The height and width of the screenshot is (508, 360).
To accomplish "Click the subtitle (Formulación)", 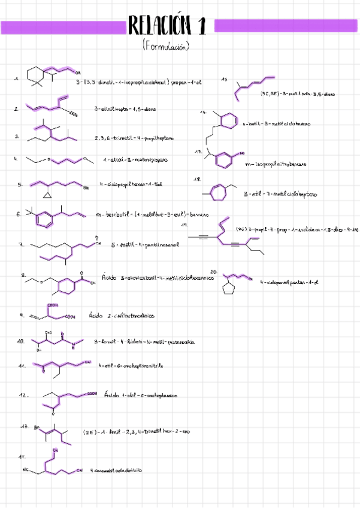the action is [x=167, y=47].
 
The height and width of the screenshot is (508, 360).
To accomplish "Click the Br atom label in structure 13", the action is [x=37, y=428].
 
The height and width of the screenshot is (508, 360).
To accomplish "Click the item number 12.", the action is [x=24, y=395].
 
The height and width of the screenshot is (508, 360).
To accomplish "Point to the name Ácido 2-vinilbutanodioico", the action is [x=121, y=315].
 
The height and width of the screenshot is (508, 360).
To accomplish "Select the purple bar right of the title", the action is [x=286, y=26].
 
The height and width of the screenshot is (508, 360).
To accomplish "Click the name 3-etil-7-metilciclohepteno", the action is [x=280, y=195].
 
